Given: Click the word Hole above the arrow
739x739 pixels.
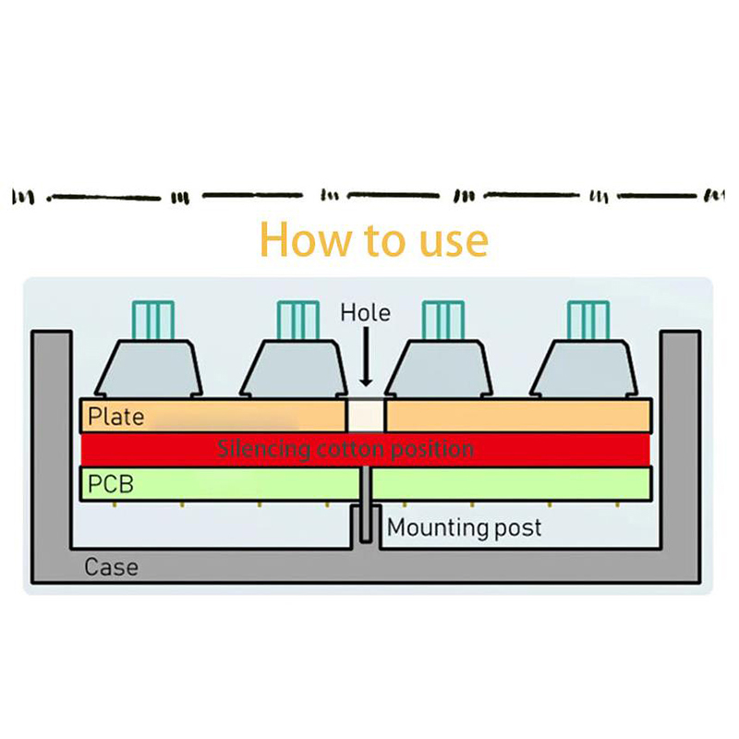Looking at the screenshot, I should (x=366, y=312).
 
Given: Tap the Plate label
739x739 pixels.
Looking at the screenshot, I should (x=116, y=417).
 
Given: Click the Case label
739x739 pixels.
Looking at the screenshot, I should (x=111, y=566).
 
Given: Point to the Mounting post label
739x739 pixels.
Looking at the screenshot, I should (x=464, y=528).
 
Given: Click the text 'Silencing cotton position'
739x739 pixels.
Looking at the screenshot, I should (x=345, y=450).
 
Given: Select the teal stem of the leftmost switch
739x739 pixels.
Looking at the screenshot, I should (x=153, y=320).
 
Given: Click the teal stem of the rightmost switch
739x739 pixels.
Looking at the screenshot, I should (x=588, y=320).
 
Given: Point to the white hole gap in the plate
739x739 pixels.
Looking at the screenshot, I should (x=365, y=416).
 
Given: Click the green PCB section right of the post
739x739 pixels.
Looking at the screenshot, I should (x=513, y=483).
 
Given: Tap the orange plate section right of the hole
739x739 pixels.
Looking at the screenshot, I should (x=517, y=416).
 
